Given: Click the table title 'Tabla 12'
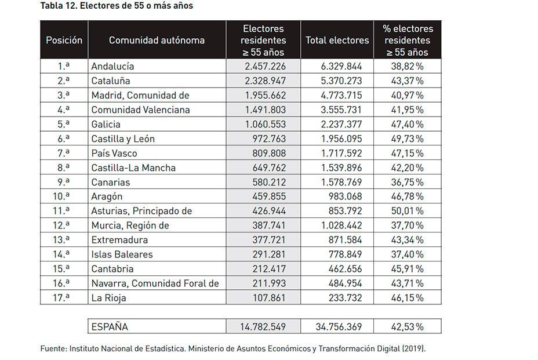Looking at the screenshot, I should tap(60, 6).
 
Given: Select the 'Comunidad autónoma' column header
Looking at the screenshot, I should tap(157, 41).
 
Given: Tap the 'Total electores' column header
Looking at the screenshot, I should tap(337, 41).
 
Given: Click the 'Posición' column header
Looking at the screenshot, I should tap(64, 41).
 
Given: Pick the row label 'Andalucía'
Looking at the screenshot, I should tap(112, 67).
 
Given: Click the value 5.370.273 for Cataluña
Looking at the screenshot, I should tap(341, 81).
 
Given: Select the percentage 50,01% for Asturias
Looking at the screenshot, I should tap(407, 211).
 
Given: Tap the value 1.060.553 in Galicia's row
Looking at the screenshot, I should tap(266, 125).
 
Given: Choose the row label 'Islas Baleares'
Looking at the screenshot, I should tap(122, 254).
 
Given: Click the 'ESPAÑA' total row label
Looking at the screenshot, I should tap(110, 327).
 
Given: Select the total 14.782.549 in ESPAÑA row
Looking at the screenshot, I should tap(263, 327).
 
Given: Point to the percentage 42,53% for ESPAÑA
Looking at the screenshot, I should tap(407, 327).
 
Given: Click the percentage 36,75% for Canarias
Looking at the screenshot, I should tap(407, 183).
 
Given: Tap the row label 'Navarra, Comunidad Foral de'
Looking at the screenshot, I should tap(155, 283).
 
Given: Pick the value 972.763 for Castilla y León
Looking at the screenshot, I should tap(268, 139).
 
